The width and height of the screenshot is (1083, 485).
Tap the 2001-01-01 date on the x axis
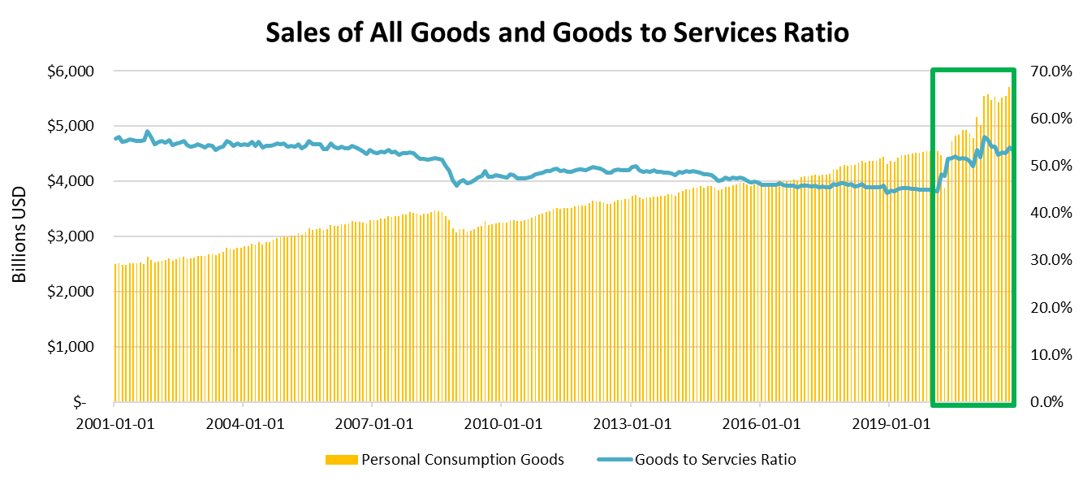[x=115, y=423]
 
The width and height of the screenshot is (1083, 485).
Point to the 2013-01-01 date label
[x=632, y=423]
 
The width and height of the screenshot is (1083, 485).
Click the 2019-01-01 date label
[x=890, y=423]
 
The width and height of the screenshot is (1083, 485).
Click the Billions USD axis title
[x=19, y=236]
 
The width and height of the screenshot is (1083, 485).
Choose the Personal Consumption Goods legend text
[x=462, y=460]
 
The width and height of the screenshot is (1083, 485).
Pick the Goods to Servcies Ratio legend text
[x=715, y=460]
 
